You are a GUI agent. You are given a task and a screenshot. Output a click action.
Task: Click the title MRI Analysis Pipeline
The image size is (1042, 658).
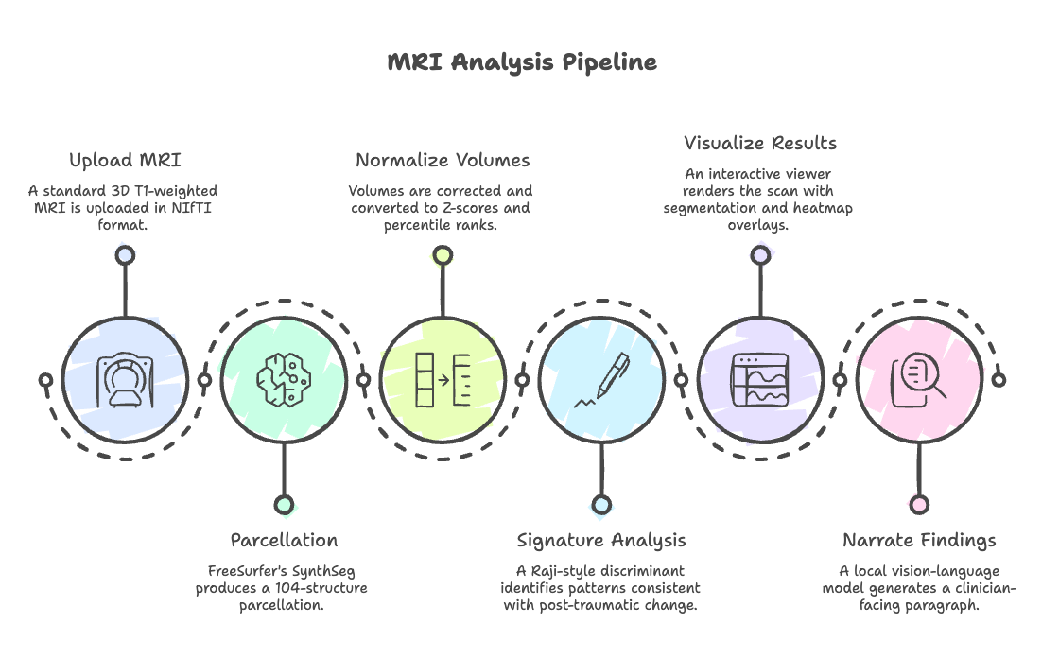(521, 63)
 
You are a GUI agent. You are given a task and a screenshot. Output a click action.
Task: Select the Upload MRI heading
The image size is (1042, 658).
(125, 160)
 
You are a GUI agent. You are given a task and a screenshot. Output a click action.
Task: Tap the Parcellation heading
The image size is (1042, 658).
(284, 541)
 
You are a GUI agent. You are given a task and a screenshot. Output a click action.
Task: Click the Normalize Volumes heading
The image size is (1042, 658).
(443, 160)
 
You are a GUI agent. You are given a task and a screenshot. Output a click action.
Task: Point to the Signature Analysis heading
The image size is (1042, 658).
(601, 541)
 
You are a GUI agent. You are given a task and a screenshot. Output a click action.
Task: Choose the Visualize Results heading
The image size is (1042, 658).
(760, 144)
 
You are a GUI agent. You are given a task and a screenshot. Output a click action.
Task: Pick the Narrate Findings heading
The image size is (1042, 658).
(919, 541)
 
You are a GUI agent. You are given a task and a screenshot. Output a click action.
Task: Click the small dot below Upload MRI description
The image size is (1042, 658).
(125, 253)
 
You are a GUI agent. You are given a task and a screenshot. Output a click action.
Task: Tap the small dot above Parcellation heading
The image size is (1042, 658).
(284, 505)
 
